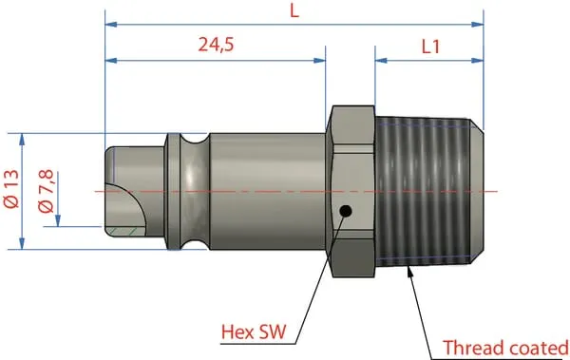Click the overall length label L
click(294, 11)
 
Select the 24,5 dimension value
click(217, 45)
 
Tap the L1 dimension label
click(430, 47)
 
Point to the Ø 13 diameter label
click(11, 189)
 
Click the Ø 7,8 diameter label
click(47, 191)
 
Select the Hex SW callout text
click(254, 332)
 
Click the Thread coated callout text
click(505, 348)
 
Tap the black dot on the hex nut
click(345, 211)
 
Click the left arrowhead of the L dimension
click(111, 25)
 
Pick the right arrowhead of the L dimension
click(477, 25)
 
